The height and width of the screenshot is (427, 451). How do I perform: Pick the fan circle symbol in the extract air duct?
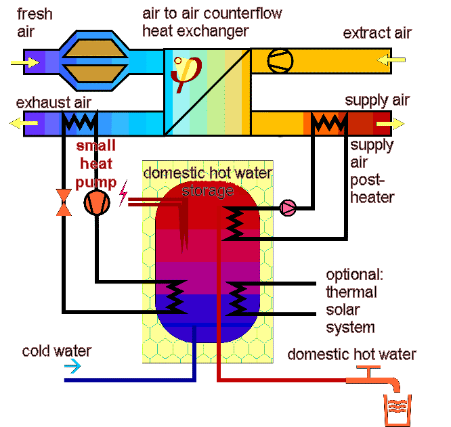tap(280, 60)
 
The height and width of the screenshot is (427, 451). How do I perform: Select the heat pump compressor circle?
tap(96, 202)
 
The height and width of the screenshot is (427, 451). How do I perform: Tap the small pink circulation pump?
tap(288, 208)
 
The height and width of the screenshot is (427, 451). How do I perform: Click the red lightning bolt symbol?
tap(123, 196)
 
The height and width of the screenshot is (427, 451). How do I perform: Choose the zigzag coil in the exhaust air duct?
tap(81, 123)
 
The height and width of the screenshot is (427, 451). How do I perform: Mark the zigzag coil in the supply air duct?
tap(330, 123)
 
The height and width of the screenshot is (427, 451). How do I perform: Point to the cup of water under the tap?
tap(395, 410)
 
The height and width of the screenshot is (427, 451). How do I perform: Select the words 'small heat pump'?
tap(95, 164)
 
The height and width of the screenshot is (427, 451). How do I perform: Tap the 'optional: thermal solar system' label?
tap(351, 301)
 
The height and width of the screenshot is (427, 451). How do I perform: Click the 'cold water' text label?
tap(56, 351)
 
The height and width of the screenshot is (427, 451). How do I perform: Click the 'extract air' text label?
tap(377, 33)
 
